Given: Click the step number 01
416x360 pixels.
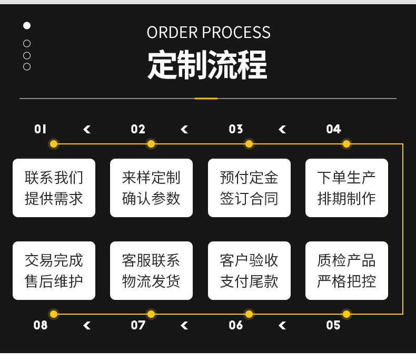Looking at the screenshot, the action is coord(41,129).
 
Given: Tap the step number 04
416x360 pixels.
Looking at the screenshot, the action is coord(333,129).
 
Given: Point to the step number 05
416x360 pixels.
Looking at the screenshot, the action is coord(333,325).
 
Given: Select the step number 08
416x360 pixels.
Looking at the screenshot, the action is coord(41,325).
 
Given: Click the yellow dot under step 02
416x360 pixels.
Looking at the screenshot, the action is coord(151,144).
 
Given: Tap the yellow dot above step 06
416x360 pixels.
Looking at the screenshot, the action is coord(249,314).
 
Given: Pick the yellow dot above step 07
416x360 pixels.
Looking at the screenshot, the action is coord(151,314).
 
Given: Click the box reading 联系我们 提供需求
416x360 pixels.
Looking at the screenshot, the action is coord(54,188).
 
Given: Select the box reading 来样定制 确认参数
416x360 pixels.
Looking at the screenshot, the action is coord(151,188).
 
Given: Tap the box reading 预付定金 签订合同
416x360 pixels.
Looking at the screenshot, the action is coord(249,188).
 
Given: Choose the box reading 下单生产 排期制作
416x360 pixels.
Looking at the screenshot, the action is coord(346,188).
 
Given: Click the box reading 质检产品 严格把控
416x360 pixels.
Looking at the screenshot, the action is coord(346,270).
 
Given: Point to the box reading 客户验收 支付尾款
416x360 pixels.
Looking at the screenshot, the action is coord(249,270).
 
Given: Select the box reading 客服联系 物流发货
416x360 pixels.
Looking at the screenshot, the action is coord(151,270).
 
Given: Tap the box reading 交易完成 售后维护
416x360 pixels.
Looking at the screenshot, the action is coord(54,270).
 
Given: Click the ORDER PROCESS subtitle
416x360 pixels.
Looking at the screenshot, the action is coord(209,33).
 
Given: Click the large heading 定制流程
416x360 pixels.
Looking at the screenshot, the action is coord(207,65).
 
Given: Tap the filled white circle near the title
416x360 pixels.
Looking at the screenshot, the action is coord(27,25).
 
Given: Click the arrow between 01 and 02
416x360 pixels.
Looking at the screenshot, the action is coord(87,129).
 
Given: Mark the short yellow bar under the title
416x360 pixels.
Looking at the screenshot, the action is coord(206,99).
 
